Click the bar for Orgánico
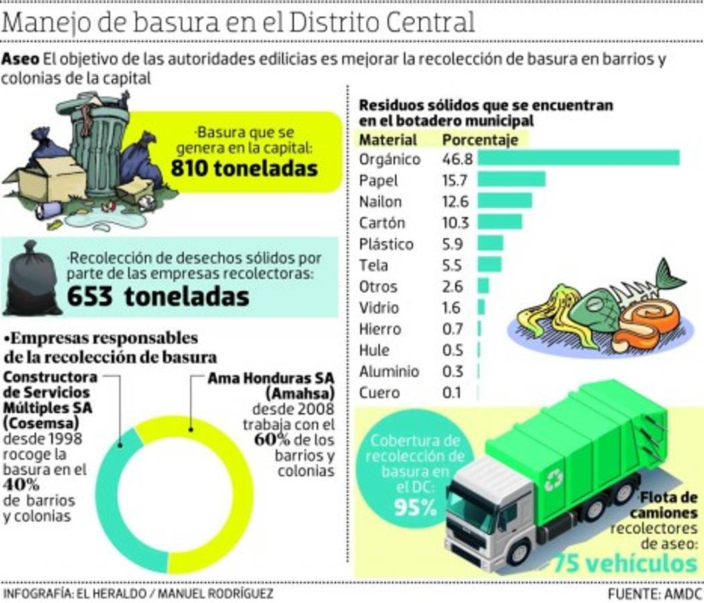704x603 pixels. [x=579, y=158]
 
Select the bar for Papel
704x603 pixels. [x=512, y=180]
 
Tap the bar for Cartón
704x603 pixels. [x=500, y=222]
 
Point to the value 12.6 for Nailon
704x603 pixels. [x=455, y=201]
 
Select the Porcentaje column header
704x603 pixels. [x=480, y=140]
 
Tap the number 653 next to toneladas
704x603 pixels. [x=90, y=295]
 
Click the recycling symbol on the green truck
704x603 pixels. [x=553, y=478]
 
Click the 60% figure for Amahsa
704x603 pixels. [x=271, y=440]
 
